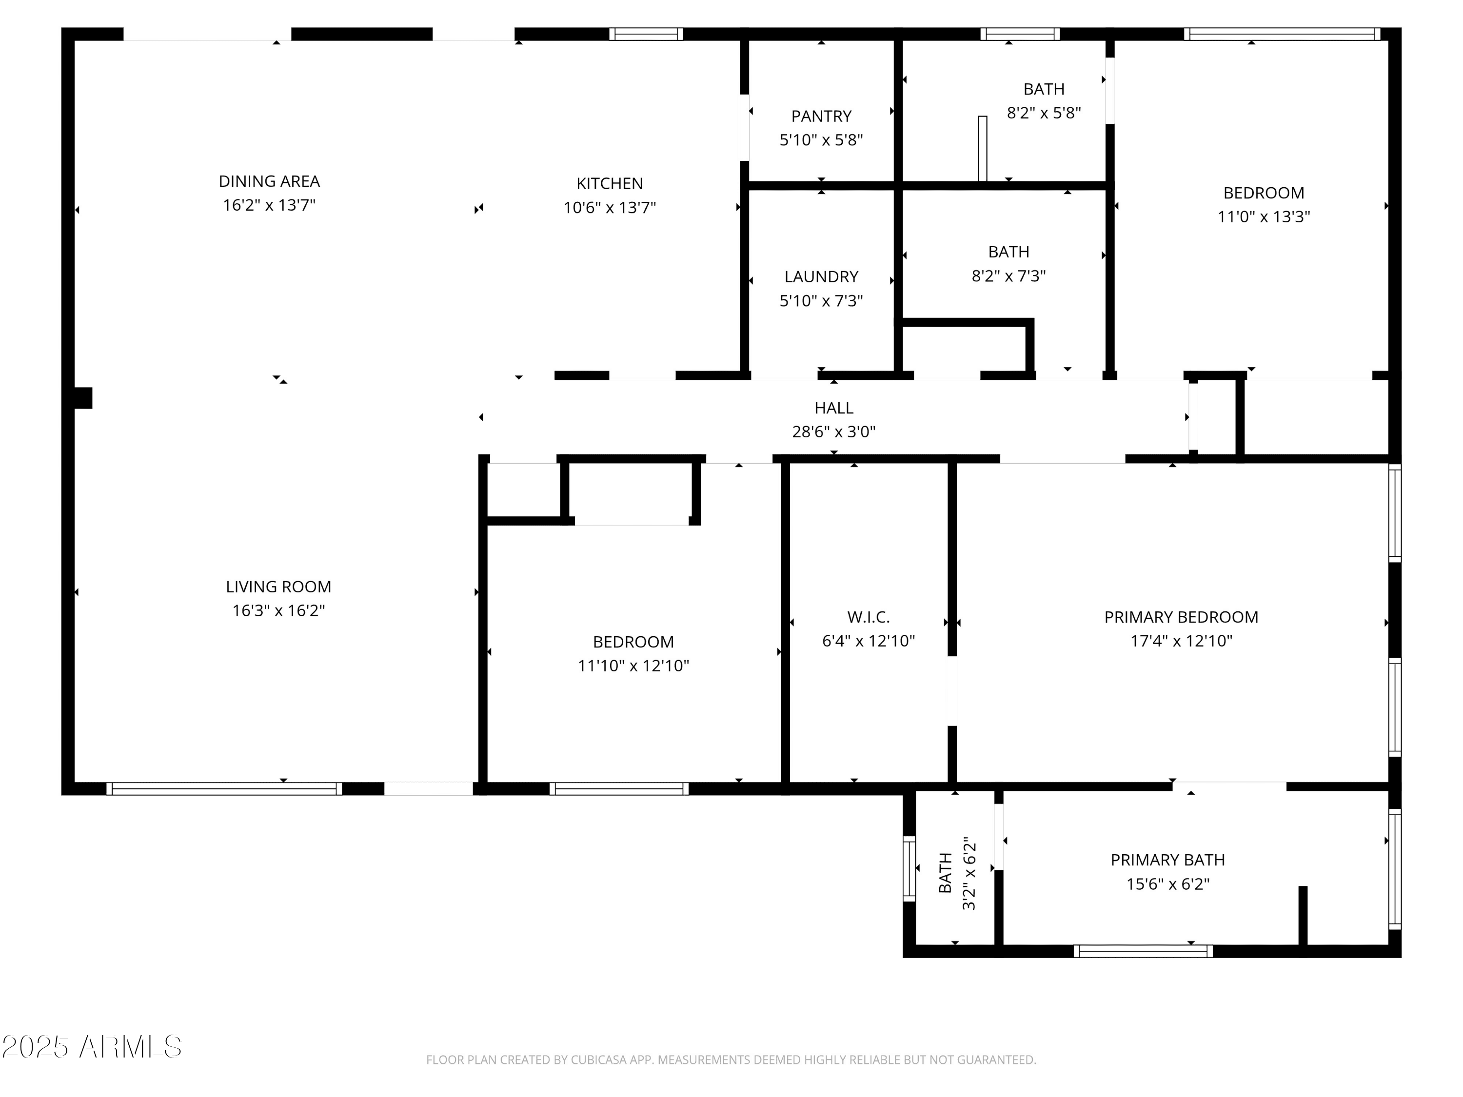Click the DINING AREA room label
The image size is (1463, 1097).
pyautogui.click(x=269, y=181)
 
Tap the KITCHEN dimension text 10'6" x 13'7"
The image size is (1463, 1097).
pyautogui.click(x=609, y=208)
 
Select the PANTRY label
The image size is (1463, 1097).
pyautogui.click(x=821, y=117)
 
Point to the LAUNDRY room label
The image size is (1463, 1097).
pyautogui.click(x=821, y=276)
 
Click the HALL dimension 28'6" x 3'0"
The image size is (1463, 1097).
pyautogui.click(x=834, y=432)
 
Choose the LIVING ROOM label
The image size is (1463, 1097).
pyautogui.click(x=278, y=587)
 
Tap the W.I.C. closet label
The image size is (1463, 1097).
pyautogui.click(x=869, y=617)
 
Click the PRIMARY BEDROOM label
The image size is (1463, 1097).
pyautogui.click(x=1181, y=617)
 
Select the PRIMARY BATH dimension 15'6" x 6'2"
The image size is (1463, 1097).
pyautogui.click(x=1168, y=884)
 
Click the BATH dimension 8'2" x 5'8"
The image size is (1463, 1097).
pyautogui.click(x=1044, y=113)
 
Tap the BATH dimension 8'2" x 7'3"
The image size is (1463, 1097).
pyautogui.click(x=1008, y=276)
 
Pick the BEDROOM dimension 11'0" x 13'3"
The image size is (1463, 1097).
pyautogui.click(x=1264, y=217)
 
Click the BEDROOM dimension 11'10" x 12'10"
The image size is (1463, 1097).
pyautogui.click(x=633, y=666)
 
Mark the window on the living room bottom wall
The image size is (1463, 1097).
pyautogui.click(x=224, y=788)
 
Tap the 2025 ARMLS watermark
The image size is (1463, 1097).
pyautogui.click(x=92, y=1047)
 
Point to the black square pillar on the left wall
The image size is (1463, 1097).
pyautogui.click(x=82, y=398)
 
